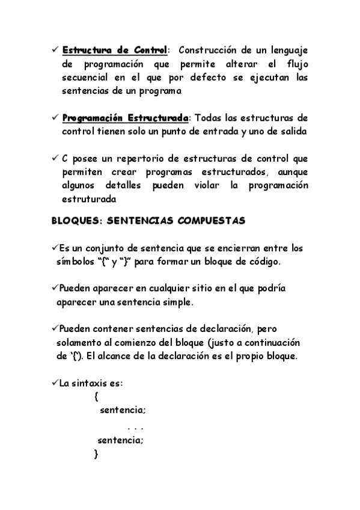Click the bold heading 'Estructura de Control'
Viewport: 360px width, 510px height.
click(x=114, y=50)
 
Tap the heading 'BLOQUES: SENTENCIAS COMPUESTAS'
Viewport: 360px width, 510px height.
click(x=147, y=221)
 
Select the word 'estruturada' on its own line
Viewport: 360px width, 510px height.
click(x=89, y=199)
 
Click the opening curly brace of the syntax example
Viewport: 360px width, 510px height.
click(x=96, y=397)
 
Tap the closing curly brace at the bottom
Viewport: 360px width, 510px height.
click(x=96, y=454)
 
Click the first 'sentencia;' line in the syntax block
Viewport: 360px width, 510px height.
click(x=123, y=411)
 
